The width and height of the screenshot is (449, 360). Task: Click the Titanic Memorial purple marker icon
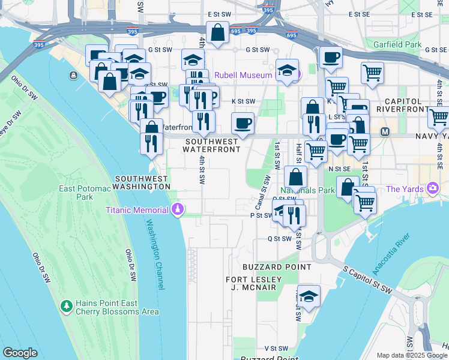178,209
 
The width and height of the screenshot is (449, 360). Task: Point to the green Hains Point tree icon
66,307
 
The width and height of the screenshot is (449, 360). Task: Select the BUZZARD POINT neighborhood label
277,266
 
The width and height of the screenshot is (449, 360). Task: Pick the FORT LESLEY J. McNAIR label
253,284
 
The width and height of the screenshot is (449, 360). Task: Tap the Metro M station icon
385,131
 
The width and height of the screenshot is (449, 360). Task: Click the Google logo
20,353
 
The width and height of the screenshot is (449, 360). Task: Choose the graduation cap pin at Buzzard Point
309,296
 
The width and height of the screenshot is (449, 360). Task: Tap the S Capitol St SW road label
368,280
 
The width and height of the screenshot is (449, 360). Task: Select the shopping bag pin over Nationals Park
296,177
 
